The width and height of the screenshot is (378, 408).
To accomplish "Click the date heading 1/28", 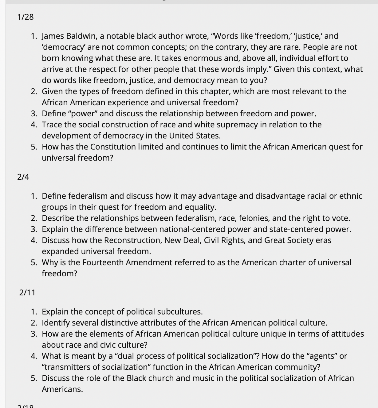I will tap(26, 17).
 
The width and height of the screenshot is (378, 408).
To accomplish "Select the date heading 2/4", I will tap(23, 177).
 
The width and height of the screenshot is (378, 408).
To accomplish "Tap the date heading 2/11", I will tap(27, 293).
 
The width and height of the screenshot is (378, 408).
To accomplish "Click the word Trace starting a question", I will tap(52, 125).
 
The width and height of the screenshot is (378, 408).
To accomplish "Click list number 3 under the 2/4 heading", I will tap(34, 229).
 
